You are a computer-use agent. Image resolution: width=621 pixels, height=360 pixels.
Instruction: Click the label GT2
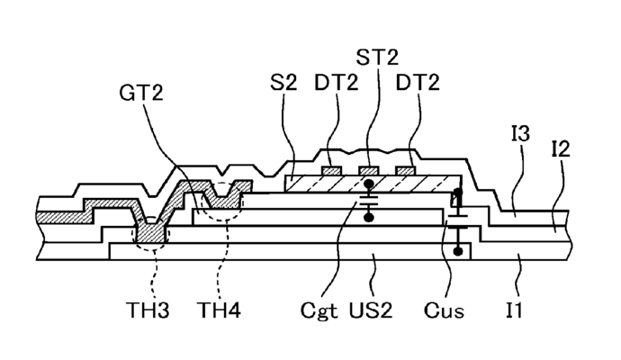pos(141,93)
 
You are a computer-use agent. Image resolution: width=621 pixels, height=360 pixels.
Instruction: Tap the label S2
pos(283,83)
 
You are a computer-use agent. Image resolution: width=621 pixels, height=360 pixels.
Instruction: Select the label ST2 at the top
pos(377,57)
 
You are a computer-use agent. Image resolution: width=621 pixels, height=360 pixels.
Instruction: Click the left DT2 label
pos(337,83)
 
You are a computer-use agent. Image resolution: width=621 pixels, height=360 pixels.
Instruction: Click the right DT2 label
pos(418,83)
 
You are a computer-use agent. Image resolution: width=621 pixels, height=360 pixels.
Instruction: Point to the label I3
pos(520,133)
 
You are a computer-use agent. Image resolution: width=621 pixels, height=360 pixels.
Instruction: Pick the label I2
pos(561,149)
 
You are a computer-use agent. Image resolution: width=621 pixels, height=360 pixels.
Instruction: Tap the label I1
pos(514,310)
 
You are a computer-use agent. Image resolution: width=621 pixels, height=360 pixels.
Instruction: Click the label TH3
pos(148,310)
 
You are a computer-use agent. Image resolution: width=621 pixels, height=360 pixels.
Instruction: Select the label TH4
pos(219,310)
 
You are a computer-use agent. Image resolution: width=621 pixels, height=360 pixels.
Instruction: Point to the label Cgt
pos(319,310)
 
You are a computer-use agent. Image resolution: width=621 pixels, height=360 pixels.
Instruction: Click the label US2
pos(371,310)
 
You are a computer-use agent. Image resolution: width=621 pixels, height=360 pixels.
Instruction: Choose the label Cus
pos(444,310)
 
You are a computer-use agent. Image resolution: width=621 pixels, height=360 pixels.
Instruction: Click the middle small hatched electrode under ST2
pos(369,171)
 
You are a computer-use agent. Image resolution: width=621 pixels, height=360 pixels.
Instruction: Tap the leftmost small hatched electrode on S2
pos(331,171)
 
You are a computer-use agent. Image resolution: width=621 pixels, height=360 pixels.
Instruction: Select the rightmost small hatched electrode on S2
pos(406,171)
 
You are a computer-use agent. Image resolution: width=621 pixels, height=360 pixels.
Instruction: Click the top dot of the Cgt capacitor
pos(369,184)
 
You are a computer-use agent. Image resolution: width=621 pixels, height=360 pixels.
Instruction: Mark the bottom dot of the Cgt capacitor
pos(369,217)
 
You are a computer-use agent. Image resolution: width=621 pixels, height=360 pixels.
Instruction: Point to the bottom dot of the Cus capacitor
pos(458,251)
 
